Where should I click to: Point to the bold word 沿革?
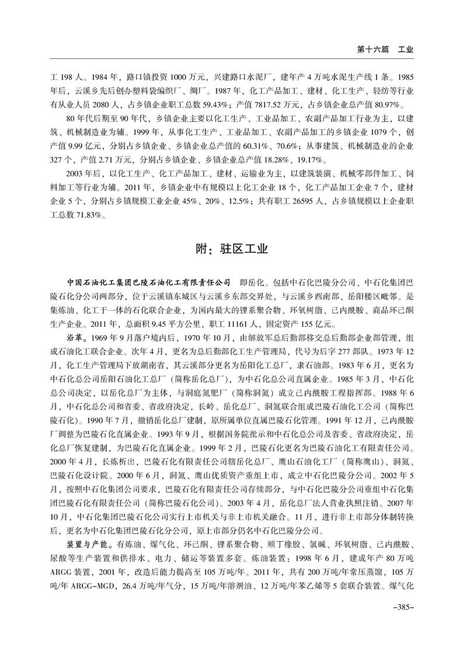(x=77, y=338)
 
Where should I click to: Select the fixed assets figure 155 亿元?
(x=310, y=323)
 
